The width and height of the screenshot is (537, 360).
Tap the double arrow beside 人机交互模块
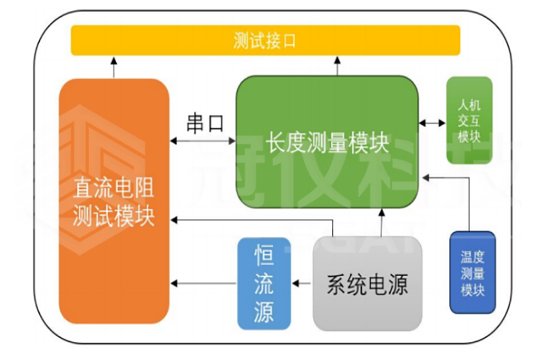[x=432, y=123]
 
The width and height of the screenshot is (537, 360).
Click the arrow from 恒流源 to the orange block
[x=204, y=283]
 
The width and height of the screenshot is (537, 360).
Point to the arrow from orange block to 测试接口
[x=113, y=68]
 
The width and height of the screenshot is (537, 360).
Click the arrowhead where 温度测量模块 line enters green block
[x=426, y=176]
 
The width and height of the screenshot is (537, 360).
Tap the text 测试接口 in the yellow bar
[x=265, y=41]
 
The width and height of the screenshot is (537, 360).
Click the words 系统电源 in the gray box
[x=367, y=285]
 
